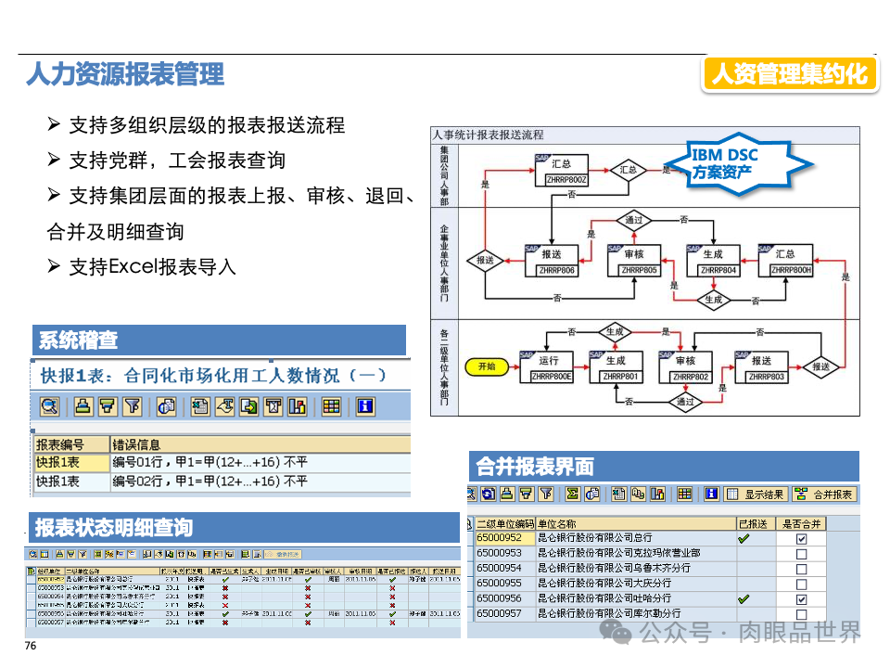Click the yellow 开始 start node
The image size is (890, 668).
click(x=487, y=366)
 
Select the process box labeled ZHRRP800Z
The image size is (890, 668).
click(x=564, y=171)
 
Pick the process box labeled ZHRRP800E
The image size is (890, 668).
click(x=551, y=367)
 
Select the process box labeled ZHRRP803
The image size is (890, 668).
click(x=766, y=367)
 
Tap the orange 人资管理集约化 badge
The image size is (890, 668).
click(x=790, y=74)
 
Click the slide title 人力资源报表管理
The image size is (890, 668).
click(x=124, y=74)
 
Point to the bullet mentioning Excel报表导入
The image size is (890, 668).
click(x=152, y=267)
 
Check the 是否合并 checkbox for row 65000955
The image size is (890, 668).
click(x=801, y=584)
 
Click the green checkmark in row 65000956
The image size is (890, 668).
click(x=743, y=599)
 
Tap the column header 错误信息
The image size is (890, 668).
click(x=135, y=444)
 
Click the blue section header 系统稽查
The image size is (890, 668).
click(x=79, y=340)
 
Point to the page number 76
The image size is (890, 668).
click(x=31, y=647)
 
